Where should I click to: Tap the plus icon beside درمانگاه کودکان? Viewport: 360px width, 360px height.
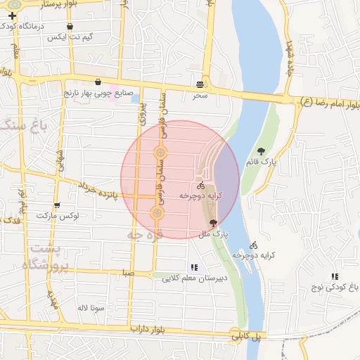[x=12, y=15]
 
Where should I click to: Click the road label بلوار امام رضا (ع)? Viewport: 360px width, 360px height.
[x=330, y=103]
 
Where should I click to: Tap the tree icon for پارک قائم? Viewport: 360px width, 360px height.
[x=262, y=151]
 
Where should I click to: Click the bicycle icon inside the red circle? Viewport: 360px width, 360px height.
[x=201, y=186]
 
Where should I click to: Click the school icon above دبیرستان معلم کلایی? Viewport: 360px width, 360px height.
[x=194, y=267]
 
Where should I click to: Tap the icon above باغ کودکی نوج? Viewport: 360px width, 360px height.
[x=334, y=277]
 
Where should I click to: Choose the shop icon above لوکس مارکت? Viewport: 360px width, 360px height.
[x=57, y=205]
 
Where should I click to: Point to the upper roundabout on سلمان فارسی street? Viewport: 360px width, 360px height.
[x=160, y=153]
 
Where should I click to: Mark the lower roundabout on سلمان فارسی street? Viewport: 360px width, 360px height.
[x=157, y=212]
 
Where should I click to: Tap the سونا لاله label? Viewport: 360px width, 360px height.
[x=91, y=308]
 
